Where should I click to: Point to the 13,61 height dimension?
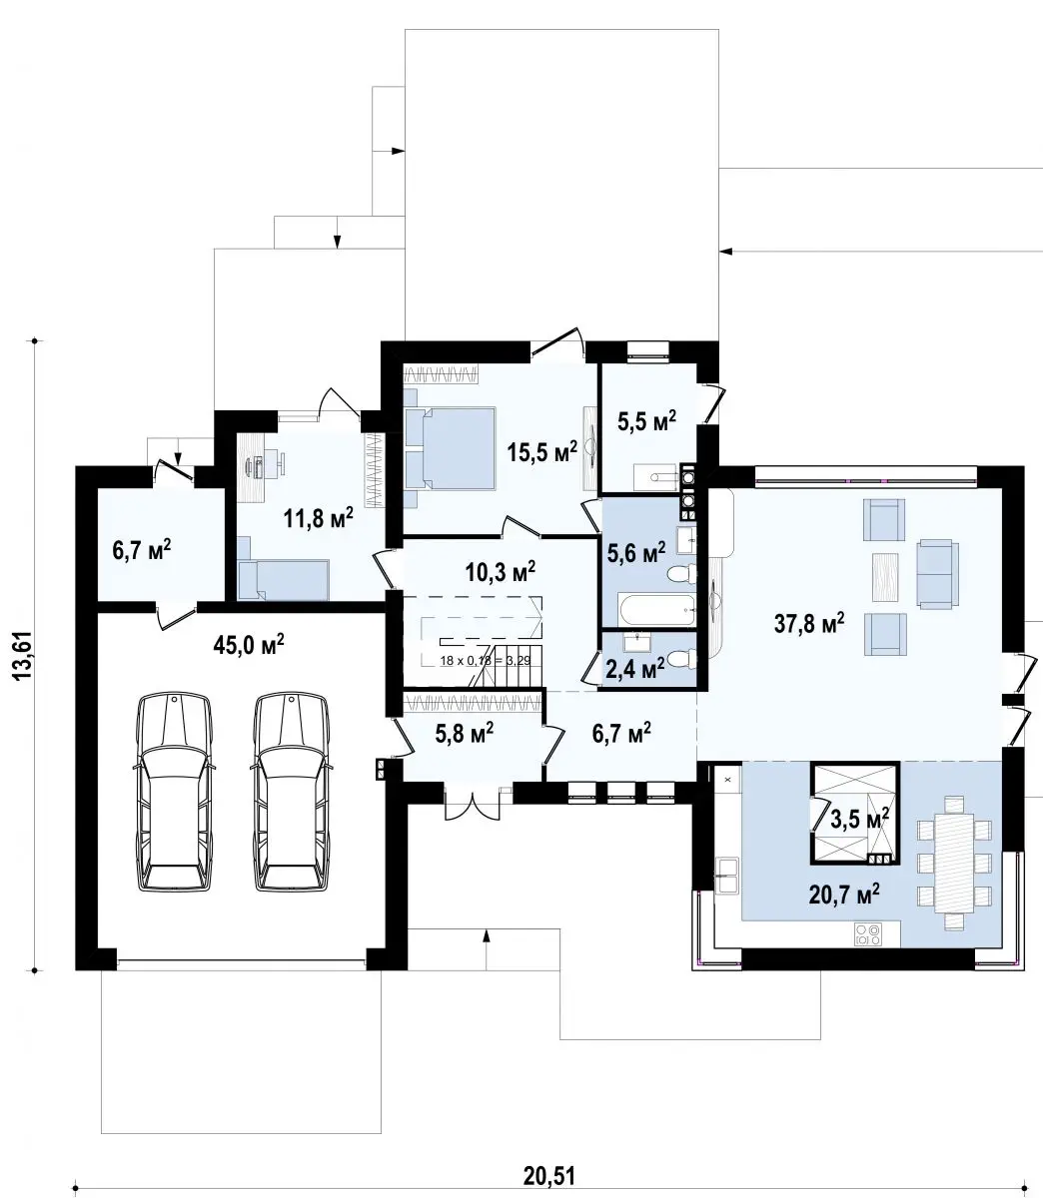[x=22, y=655]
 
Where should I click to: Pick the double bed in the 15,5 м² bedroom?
[x=450, y=448]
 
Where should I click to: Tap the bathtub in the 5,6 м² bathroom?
[x=656, y=610]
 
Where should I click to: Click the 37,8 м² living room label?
[x=809, y=624]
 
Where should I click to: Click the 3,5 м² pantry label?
[x=859, y=818]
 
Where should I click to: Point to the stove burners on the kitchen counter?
[x=867, y=933]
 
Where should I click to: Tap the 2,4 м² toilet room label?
[x=635, y=669]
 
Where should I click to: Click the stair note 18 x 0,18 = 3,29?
[x=486, y=661]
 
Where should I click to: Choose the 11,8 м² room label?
[x=319, y=517]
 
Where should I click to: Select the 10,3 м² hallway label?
[x=501, y=571]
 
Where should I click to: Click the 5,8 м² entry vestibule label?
[x=465, y=733]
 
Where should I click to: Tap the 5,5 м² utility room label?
[x=647, y=421]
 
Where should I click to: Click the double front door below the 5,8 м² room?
[x=472, y=804]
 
